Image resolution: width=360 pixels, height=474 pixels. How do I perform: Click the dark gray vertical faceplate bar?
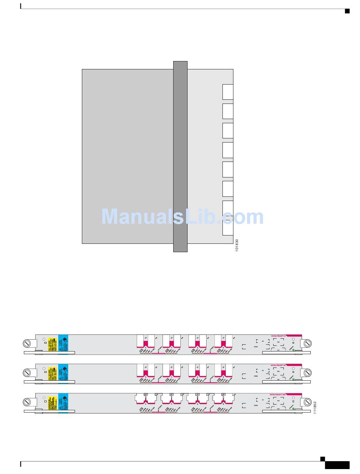[x=180, y=156]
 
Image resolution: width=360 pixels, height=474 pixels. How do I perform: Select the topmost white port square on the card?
[x=228, y=92]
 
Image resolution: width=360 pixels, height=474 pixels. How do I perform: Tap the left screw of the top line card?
[x=27, y=344]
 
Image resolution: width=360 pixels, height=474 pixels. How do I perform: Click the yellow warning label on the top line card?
[x=52, y=344]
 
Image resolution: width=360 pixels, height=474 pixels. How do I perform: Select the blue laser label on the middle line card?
[x=63, y=374]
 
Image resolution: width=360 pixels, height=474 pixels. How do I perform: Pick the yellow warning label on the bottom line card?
[x=52, y=403]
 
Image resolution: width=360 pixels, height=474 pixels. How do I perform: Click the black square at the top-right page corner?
[x=347, y=11]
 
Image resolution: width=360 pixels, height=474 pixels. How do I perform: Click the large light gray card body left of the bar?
[x=127, y=156]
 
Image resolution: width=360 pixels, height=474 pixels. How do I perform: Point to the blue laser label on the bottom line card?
[x=63, y=403]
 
